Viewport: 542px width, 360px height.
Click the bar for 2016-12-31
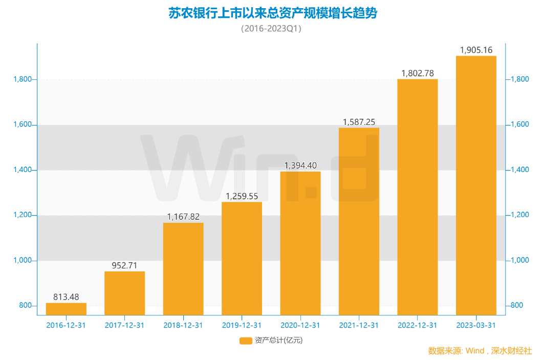coord(66,309)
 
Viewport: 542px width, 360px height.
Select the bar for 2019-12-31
coord(242,258)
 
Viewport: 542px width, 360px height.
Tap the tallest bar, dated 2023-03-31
coord(476,185)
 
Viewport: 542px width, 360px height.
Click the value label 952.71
coord(124,266)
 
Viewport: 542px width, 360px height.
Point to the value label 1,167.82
coord(183,217)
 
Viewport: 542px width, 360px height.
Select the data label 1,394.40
coord(300,165)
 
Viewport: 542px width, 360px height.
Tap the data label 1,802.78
coord(417,73)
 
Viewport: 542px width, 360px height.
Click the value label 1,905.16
coord(476,50)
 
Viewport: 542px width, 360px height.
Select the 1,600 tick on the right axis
coord(519,124)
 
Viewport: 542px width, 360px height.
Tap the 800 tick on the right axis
coord(517,306)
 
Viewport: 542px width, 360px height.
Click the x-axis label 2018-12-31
coord(183,325)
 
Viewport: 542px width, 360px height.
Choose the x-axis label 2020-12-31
coord(300,325)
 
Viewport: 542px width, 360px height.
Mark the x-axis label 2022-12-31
coord(417,325)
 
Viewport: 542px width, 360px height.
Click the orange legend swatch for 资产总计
coord(246,341)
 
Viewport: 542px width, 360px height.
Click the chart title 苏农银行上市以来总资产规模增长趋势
coord(272,13)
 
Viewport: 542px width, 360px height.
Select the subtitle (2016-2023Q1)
coord(271,29)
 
